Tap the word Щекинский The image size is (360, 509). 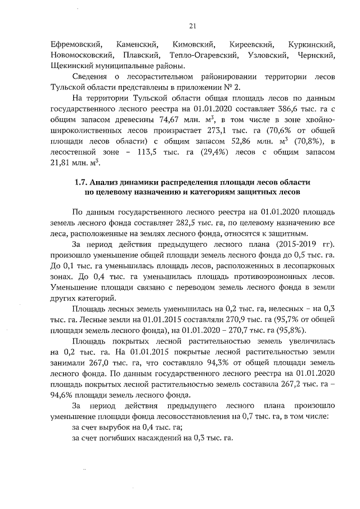(x=71, y=66)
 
